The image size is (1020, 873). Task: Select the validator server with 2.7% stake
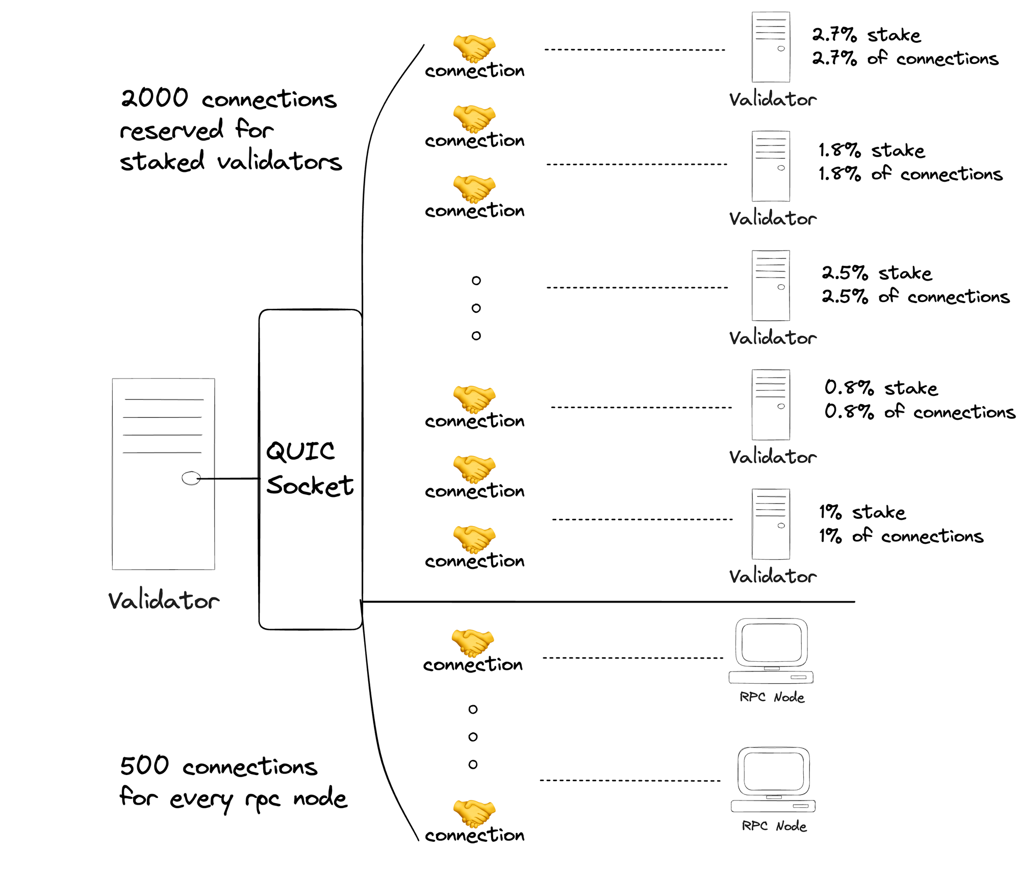click(x=771, y=47)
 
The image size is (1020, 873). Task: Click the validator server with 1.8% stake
click(x=771, y=166)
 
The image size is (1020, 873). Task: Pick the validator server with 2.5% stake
click(x=771, y=285)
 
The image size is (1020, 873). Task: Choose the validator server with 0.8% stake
click(x=771, y=405)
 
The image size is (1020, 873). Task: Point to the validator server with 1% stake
click(x=771, y=524)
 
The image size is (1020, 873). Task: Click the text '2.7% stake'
click(x=866, y=35)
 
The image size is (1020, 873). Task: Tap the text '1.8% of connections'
click(x=910, y=174)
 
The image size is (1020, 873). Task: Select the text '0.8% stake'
click(x=881, y=388)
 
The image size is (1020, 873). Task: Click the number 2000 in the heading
click(x=155, y=97)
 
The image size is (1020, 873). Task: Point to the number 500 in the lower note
click(x=144, y=765)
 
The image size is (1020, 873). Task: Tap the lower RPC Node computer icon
click(x=773, y=780)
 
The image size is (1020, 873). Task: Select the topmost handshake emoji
click(x=474, y=47)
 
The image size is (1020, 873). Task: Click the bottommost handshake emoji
click(x=474, y=812)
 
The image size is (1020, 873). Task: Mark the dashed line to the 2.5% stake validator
click(x=637, y=288)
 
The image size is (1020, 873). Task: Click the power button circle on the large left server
click(x=191, y=478)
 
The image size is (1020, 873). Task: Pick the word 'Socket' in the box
click(x=310, y=485)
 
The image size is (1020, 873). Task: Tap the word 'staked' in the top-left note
click(x=162, y=162)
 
